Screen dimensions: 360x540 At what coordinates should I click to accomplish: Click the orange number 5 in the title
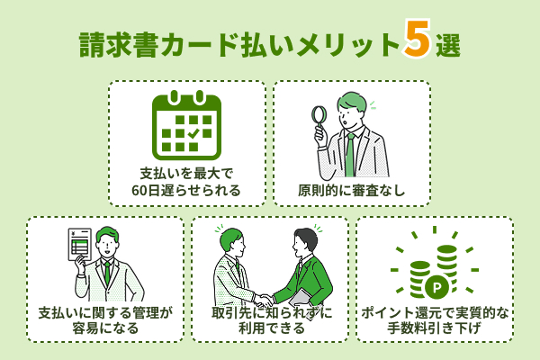(x=418, y=40)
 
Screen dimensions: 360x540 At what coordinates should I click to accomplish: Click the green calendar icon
(x=186, y=127)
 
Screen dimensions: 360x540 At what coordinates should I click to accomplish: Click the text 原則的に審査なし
(x=352, y=191)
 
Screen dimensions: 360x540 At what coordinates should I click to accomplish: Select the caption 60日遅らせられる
(x=186, y=191)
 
